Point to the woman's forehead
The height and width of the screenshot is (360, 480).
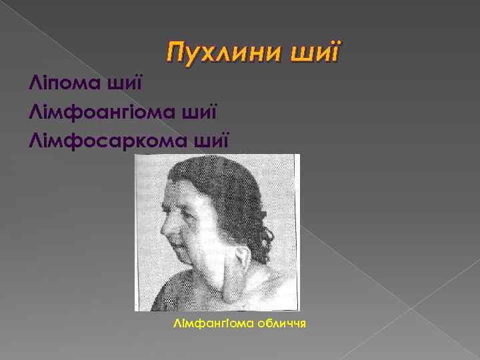(183, 193)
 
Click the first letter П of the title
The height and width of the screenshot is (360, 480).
(175, 53)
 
